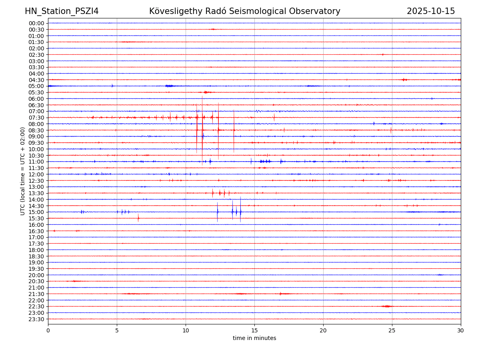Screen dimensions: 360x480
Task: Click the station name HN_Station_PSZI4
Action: [62, 11]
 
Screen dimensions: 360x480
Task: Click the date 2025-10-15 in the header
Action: [431, 11]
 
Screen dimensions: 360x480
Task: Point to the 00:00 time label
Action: [36, 23]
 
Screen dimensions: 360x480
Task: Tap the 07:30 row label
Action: [36, 118]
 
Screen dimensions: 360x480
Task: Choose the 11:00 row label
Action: [36, 162]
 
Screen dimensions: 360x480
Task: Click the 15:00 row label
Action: [36, 212]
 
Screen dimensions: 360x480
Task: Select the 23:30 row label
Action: [36, 319]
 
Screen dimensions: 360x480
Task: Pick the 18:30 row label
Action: [36, 256]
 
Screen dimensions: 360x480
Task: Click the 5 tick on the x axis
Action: [117, 331]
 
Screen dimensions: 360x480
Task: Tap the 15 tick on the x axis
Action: [254, 331]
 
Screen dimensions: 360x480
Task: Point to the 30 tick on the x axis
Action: [461, 331]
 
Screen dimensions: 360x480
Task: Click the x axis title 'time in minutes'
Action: [254, 338]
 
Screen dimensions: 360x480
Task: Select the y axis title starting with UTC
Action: [23, 171]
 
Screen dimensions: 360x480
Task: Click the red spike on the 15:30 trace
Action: [138, 218]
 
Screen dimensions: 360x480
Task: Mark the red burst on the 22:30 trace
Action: [386, 306]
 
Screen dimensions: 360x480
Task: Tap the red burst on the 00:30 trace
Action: [213, 29]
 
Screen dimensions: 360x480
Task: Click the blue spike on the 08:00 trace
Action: [374, 124]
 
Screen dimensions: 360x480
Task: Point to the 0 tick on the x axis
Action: [48, 331]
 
